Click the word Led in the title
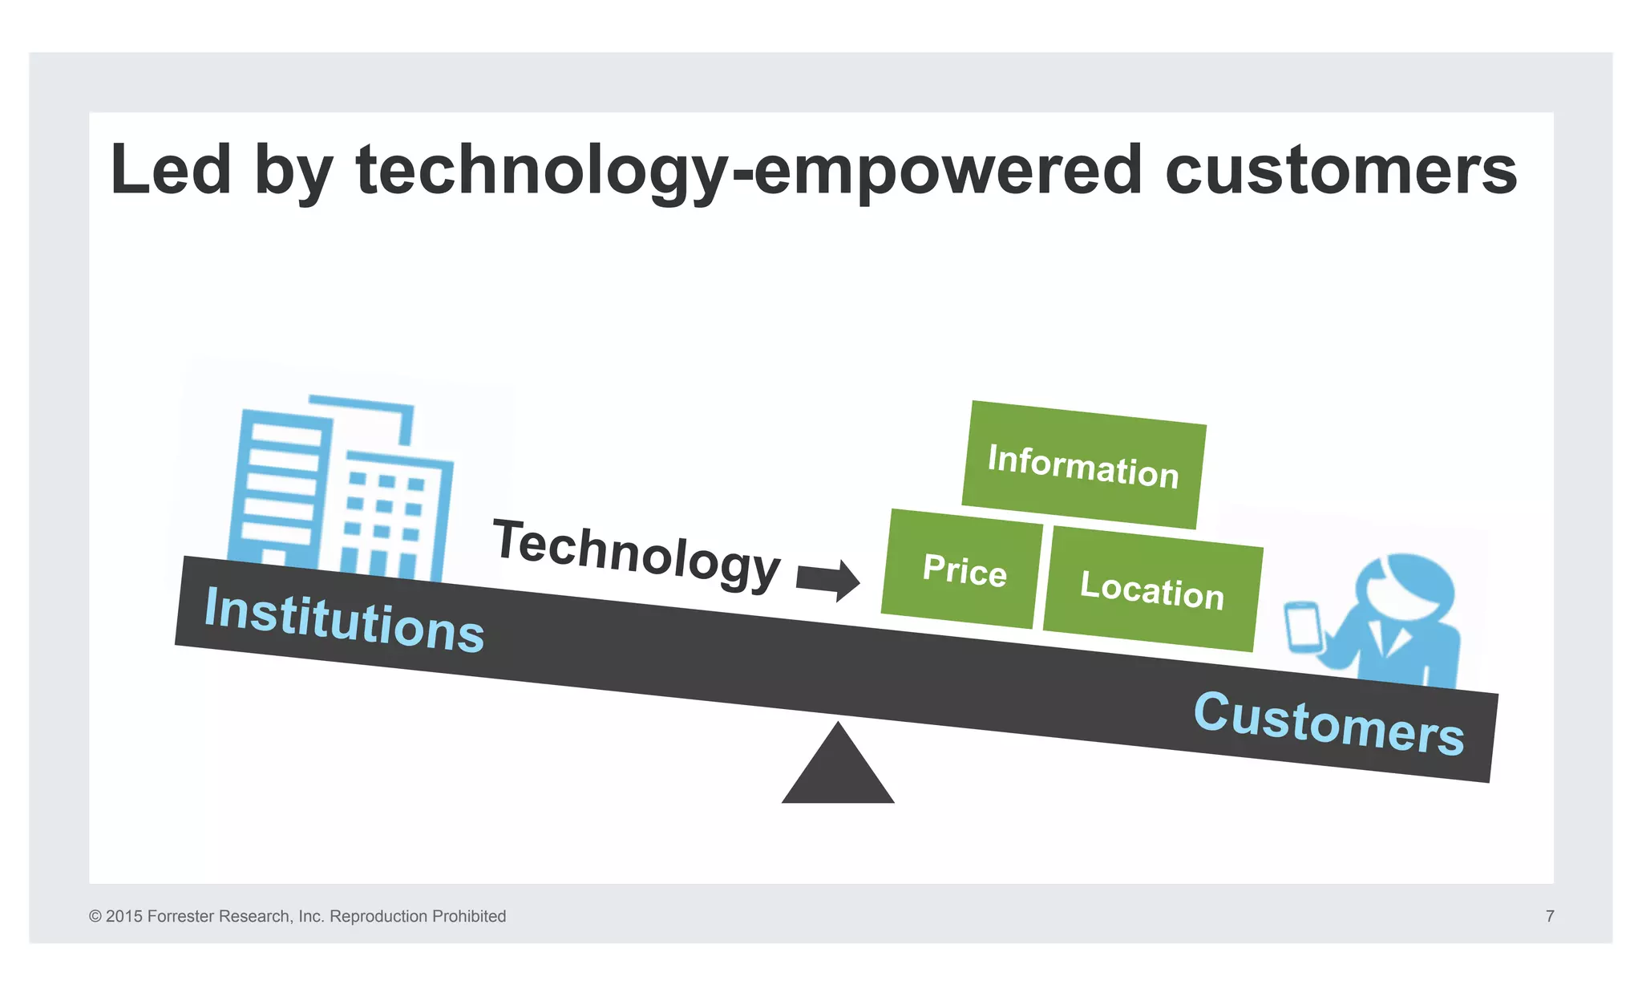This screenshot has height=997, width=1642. (171, 170)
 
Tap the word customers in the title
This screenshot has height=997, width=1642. (1341, 170)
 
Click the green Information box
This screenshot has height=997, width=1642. (1083, 465)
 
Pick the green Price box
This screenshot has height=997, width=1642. (964, 569)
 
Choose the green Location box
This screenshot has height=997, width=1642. (1152, 590)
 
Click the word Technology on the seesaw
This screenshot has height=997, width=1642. (637, 553)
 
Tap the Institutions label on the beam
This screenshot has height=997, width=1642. (344, 619)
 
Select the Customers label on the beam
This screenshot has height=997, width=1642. (1329, 723)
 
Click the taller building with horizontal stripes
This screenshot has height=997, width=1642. (279, 489)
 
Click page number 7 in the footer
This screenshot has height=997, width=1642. (1550, 916)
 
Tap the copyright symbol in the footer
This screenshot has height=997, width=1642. (95, 916)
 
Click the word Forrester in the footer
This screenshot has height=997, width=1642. (180, 916)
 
